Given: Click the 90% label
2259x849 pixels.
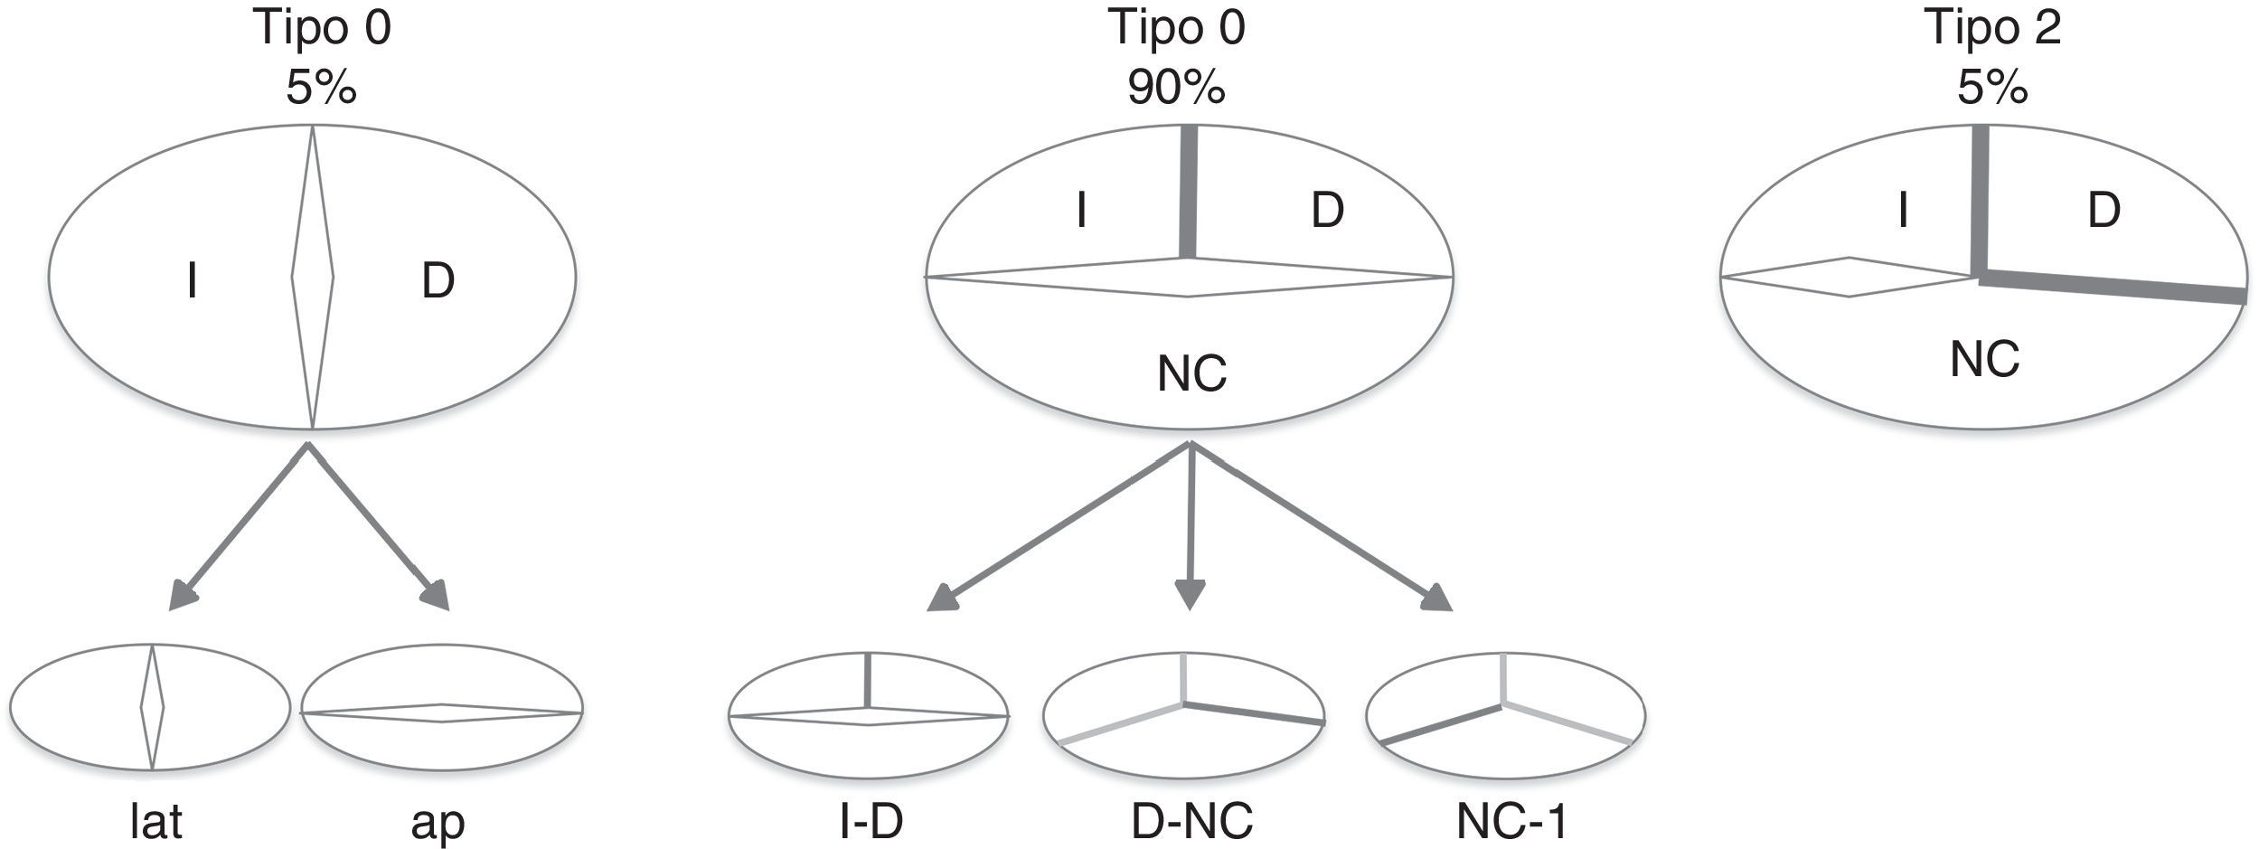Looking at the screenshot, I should pyautogui.click(x=1175, y=88).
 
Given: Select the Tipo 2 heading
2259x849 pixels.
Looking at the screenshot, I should pyautogui.click(x=1991, y=28).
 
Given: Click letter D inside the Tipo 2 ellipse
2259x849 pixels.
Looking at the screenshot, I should pyautogui.click(x=2104, y=211).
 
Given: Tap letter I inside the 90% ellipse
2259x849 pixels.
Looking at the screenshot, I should pyautogui.click(x=1081, y=211).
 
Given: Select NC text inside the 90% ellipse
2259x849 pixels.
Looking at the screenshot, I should pyautogui.click(x=1191, y=373).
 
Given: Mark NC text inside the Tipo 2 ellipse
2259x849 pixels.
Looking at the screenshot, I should pyautogui.click(x=1984, y=359).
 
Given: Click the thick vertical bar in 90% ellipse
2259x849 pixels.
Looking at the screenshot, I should pyautogui.click(x=1188, y=192).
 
